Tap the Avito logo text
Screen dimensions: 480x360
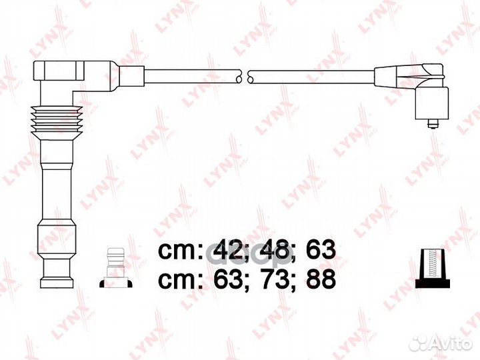point(451,344)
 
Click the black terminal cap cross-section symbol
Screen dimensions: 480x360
point(433,269)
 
